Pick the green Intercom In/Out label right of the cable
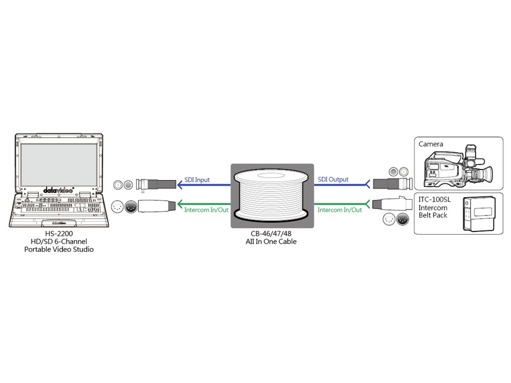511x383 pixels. click(x=340, y=210)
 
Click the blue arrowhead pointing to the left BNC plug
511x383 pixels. click(x=179, y=185)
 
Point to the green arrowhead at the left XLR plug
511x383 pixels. click(x=179, y=203)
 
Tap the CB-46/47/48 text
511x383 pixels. click(x=271, y=234)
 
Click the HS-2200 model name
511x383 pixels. click(x=59, y=234)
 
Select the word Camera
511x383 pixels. click(x=431, y=144)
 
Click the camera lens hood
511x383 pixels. click(x=489, y=174)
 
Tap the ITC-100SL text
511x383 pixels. click(x=433, y=200)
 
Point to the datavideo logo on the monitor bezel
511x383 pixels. click(x=58, y=190)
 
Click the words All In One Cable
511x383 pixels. click(x=272, y=242)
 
